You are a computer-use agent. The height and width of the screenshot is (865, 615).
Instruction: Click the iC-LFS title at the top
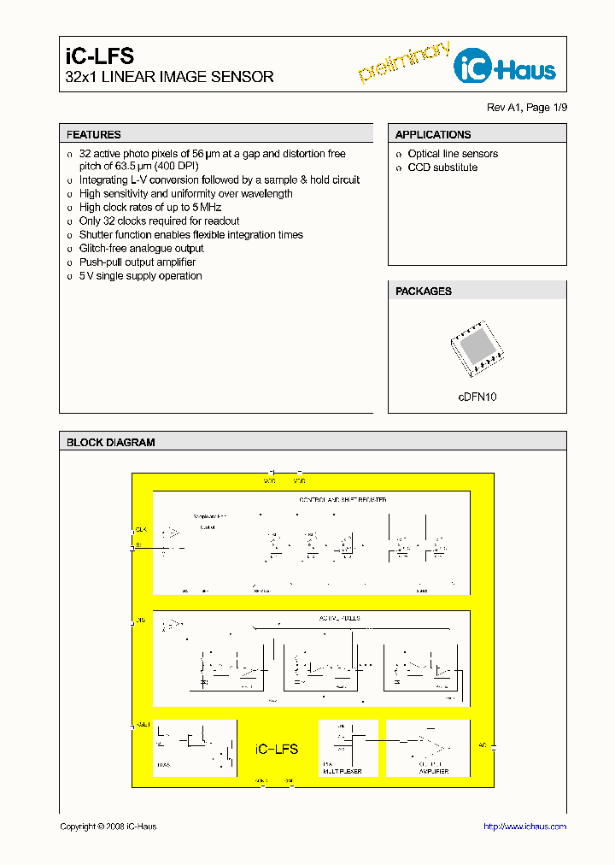click(100, 56)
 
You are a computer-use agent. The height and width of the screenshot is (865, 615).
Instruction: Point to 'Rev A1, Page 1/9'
click(526, 107)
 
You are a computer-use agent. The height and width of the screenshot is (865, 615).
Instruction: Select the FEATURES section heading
click(94, 134)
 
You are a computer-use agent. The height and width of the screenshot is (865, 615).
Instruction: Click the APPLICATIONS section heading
click(433, 134)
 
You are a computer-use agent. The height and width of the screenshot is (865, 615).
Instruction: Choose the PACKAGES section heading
click(424, 291)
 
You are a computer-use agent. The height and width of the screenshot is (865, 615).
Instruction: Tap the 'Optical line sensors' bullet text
click(453, 154)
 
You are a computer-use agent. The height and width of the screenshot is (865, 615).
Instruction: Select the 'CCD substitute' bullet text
click(442, 168)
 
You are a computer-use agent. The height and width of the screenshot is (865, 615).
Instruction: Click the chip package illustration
click(477, 349)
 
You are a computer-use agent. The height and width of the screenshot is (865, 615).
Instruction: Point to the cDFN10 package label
click(477, 397)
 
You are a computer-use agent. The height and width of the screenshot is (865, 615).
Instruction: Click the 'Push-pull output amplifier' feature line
click(138, 262)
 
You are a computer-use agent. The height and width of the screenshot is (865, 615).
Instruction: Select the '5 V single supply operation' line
click(141, 276)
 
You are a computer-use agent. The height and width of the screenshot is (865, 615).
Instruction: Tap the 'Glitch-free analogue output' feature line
click(142, 249)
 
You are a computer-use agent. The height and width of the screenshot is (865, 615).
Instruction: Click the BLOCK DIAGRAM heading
click(111, 443)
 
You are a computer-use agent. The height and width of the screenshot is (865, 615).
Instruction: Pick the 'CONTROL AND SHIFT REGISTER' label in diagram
click(343, 499)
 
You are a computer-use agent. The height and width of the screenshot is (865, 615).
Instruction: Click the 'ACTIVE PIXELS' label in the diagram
click(340, 617)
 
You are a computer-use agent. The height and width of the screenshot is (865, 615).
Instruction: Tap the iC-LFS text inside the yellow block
click(277, 749)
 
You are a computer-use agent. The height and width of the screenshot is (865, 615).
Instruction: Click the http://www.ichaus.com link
click(524, 827)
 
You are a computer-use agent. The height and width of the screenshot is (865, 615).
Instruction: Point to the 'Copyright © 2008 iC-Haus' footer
click(108, 827)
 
